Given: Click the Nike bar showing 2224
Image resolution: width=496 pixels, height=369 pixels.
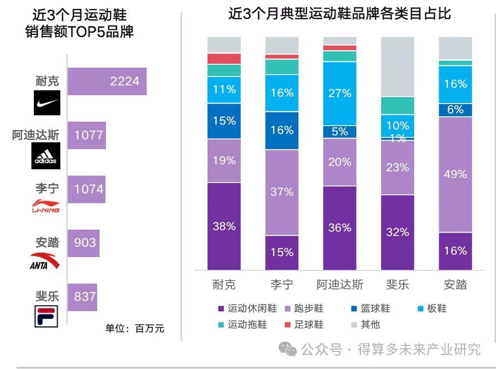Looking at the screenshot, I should pos(106,81).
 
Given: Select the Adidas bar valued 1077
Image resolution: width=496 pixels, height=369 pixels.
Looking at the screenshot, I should pos(86,135).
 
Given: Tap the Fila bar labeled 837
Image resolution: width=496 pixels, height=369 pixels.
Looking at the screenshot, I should pos(82,297).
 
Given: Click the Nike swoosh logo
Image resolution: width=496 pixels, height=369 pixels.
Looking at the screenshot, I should pos(47,103).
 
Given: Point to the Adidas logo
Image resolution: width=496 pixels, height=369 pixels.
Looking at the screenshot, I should pos(46,156).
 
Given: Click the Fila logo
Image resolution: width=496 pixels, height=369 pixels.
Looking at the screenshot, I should pos(46,316).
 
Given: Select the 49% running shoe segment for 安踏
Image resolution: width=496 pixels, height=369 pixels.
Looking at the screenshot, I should pos(455,174).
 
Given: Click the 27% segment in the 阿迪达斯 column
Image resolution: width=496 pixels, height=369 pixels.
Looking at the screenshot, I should pos(339,93).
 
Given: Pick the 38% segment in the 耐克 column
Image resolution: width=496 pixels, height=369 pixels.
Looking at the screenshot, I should pos(224,226).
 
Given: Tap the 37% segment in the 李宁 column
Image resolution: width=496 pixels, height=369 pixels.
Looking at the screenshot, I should pos(282,192).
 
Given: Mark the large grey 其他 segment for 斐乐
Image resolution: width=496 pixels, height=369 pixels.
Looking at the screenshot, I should pos(397,67).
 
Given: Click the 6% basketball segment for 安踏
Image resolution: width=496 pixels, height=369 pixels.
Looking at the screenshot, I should pos(455,110).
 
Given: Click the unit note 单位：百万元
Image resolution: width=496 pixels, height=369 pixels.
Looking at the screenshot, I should pos(134,329).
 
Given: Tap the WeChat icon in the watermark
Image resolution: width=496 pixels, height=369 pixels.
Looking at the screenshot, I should pos(288,349).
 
